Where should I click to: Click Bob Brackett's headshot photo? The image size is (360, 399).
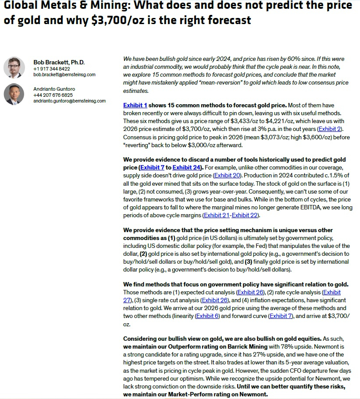click(x=14, y=67)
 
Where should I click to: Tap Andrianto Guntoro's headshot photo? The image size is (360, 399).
click(x=14, y=94)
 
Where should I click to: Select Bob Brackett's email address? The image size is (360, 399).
click(x=64, y=75)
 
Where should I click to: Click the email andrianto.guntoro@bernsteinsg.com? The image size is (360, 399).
click(x=69, y=101)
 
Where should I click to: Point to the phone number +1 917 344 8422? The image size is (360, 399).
click(x=51, y=69)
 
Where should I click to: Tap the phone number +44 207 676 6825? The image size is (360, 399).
click(x=53, y=95)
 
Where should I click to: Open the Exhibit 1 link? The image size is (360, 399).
click(x=135, y=105)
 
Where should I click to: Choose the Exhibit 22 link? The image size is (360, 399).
click(x=246, y=215)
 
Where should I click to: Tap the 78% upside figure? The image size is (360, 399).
click(x=282, y=346)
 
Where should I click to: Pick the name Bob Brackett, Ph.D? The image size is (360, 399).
click(x=59, y=62)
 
